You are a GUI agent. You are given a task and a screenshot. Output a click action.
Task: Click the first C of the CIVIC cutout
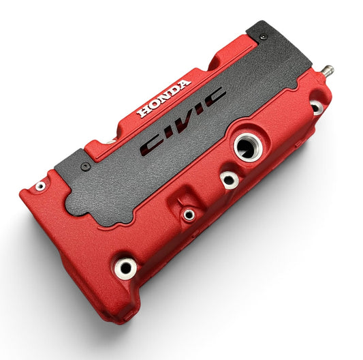tap(151, 145)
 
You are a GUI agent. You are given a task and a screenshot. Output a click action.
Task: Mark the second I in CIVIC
tap(200, 110)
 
